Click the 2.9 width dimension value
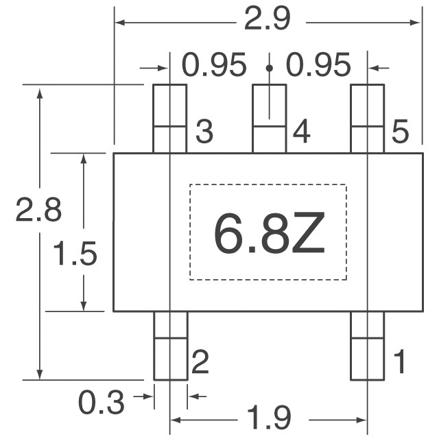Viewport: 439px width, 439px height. point(268,19)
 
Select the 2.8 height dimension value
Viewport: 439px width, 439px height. point(38,210)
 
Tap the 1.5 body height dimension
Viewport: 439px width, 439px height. point(75,254)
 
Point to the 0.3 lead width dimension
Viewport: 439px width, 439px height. point(101,403)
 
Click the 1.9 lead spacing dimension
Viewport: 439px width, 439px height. point(269,418)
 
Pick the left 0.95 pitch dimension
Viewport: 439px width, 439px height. point(214,64)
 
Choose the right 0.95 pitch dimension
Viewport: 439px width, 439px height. point(318,64)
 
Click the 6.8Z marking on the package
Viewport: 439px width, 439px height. point(270,233)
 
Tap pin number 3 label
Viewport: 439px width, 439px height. point(204,131)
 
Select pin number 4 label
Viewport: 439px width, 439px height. point(302,131)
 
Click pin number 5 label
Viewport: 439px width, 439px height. point(400,131)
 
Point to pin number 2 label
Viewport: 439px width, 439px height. point(200,361)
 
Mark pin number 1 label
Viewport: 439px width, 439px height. point(400,361)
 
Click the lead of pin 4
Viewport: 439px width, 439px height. point(270,119)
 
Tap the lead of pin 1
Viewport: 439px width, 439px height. point(368,346)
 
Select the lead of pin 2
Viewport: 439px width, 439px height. point(171,346)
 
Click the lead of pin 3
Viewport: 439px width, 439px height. point(169,119)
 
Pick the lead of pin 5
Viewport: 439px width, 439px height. point(368,119)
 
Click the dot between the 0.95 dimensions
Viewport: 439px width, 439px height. point(270,68)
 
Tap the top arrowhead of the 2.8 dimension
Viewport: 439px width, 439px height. point(40,93)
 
